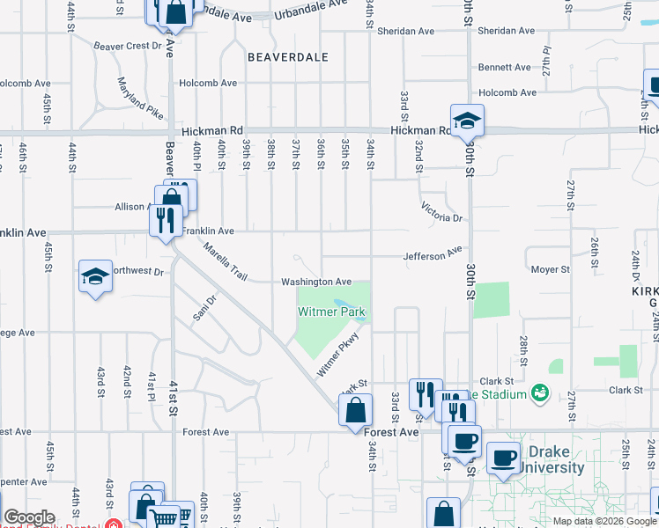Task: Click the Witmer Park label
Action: pos(331,312)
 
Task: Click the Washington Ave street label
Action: pos(316,282)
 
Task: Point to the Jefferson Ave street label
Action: pos(433,255)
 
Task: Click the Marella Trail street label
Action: pos(224,261)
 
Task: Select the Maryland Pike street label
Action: pos(140,99)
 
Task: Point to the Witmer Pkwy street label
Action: pos(339,354)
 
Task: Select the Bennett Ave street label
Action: pos(504,67)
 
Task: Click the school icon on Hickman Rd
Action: pos(467,121)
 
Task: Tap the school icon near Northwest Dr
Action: pos(95,277)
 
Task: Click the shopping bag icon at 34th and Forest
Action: pos(354,410)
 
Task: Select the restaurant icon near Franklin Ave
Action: pos(165,219)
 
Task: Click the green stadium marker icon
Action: pos(540,393)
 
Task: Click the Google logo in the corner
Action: pos(30,518)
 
